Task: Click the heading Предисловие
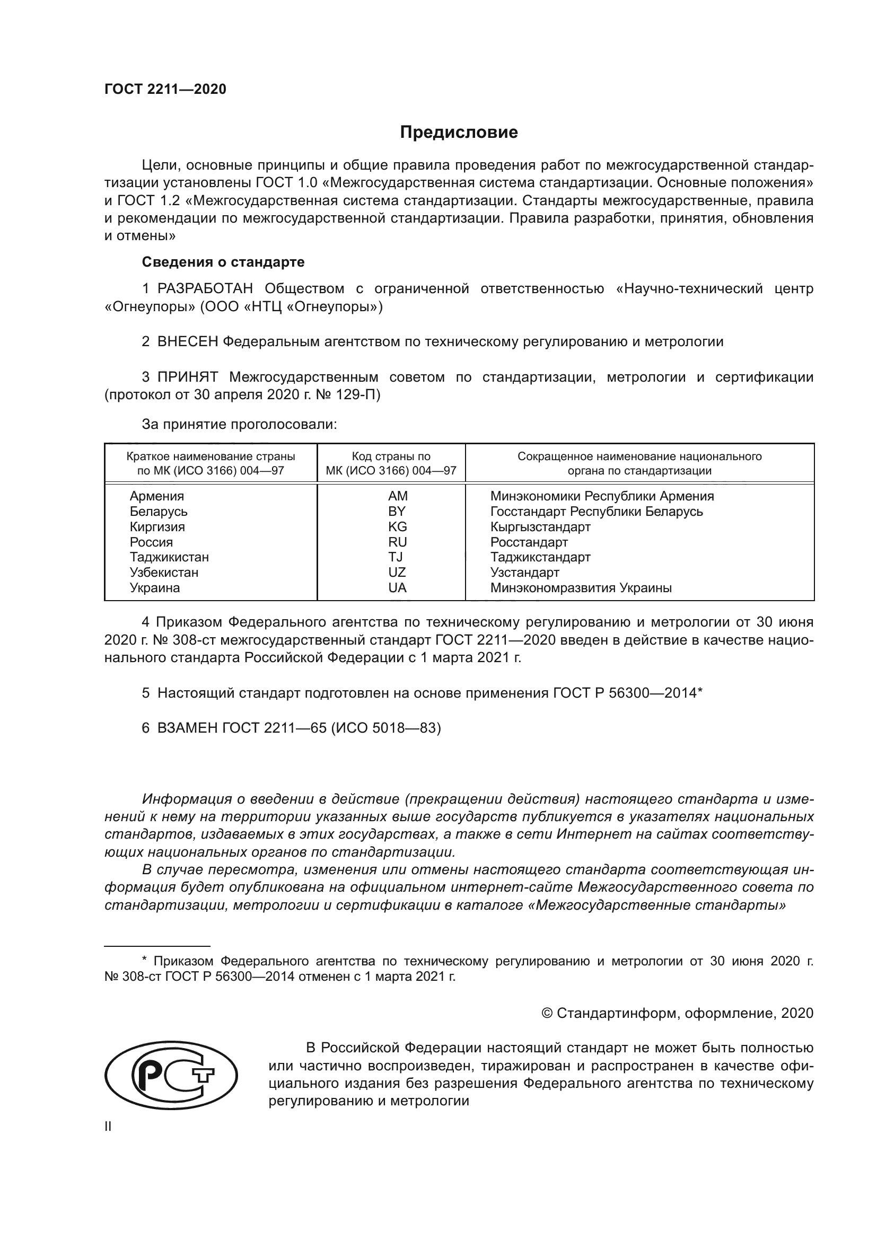coord(459,133)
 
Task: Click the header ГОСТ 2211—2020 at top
coord(165,89)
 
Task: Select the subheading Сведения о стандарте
coord(223,262)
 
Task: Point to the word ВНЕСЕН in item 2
coord(187,341)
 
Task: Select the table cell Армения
coord(156,496)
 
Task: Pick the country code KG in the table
coord(397,526)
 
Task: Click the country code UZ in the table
coord(397,572)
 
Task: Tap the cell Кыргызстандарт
coord(540,526)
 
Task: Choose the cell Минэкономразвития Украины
coord(581,587)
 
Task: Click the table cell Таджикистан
coord(169,557)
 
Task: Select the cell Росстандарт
coord(529,542)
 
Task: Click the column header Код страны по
coord(391,456)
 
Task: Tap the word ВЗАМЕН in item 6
coord(187,728)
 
